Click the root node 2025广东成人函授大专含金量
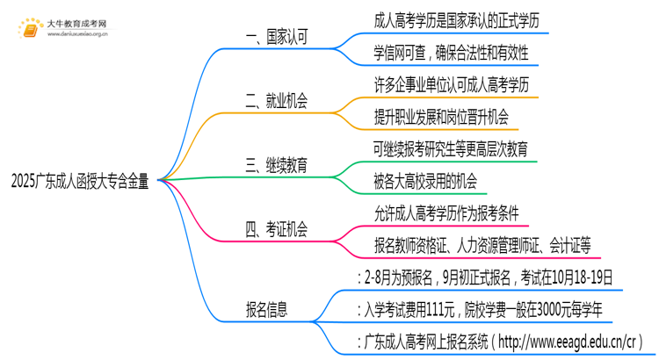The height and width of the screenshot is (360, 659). pos(81,183)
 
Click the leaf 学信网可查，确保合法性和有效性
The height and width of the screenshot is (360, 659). pos(449,53)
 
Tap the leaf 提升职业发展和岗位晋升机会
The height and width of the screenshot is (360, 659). pos(440,116)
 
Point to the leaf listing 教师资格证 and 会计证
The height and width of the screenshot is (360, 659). pos(481,243)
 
